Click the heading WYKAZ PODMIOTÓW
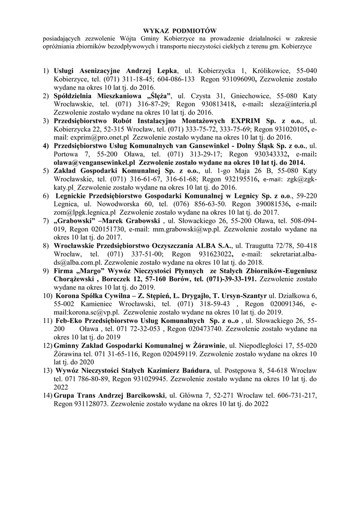click(x=180, y=31)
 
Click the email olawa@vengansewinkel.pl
click(x=94, y=162)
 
